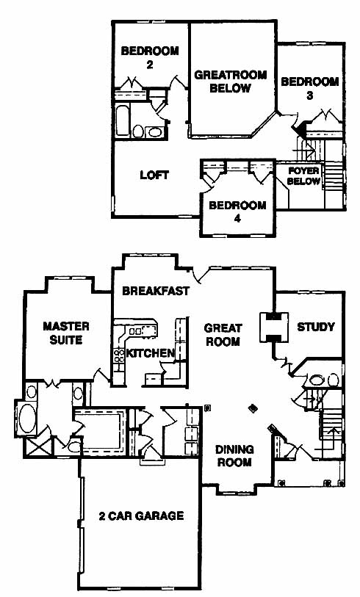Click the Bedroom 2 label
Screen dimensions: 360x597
(x=150, y=57)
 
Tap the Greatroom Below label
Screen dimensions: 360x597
(x=231, y=81)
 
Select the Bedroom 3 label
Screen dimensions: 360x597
(x=310, y=88)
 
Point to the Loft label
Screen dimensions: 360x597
(x=154, y=175)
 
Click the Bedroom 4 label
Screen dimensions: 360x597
(x=237, y=211)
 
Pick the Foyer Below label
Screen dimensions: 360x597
(x=303, y=176)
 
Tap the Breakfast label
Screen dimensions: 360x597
(x=156, y=291)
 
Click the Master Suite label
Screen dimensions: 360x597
(x=66, y=333)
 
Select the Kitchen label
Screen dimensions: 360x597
(x=150, y=353)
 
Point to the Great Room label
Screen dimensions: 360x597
(x=223, y=334)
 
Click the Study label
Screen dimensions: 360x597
(x=316, y=327)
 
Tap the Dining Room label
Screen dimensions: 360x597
(x=234, y=455)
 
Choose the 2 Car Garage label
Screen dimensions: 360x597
(x=141, y=516)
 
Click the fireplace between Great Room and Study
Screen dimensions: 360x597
(x=274, y=327)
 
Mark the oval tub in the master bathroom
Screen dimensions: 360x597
(x=27, y=419)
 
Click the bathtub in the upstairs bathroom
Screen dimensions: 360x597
(x=122, y=120)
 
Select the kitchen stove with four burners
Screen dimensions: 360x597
(x=119, y=356)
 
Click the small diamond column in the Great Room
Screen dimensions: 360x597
(x=252, y=408)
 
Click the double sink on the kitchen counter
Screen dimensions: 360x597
(x=137, y=331)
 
